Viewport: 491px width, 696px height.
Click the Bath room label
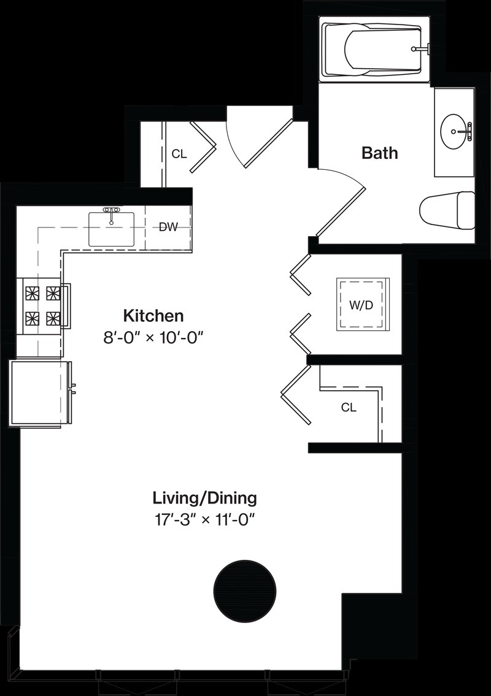pyautogui.click(x=379, y=153)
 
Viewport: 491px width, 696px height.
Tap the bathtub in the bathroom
pyautogui.click(x=376, y=49)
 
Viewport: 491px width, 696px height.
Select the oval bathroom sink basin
pyautogui.click(x=454, y=131)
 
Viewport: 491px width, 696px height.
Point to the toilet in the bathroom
pyautogui.click(x=447, y=211)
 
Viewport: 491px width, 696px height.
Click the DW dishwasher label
pyautogui.click(x=168, y=228)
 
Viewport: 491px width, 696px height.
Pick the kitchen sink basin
pyautogui.click(x=112, y=229)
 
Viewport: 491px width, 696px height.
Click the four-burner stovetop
pyautogui.click(x=43, y=305)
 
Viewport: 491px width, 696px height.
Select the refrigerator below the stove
pyautogui.click(x=41, y=394)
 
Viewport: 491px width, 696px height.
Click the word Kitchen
pyautogui.click(x=153, y=316)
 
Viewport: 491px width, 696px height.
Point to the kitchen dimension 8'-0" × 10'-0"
pyautogui.click(x=153, y=338)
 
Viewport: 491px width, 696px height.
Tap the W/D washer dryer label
pyautogui.click(x=361, y=305)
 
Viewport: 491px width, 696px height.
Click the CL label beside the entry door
pyautogui.click(x=179, y=154)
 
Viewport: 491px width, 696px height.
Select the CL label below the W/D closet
pyautogui.click(x=349, y=407)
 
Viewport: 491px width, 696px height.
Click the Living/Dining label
pyautogui.click(x=205, y=498)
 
